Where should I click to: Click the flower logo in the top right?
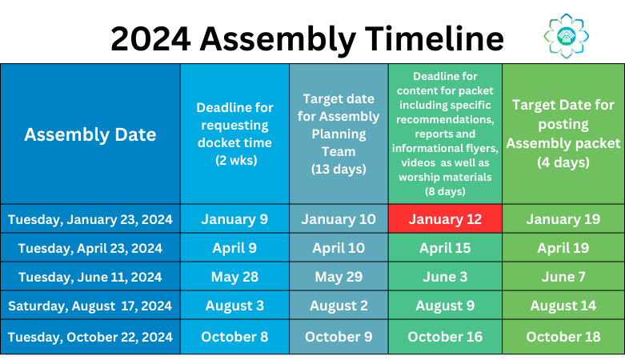(x=567, y=34)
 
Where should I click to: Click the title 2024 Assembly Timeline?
(x=307, y=38)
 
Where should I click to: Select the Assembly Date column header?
(x=90, y=134)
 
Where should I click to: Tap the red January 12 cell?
(x=445, y=219)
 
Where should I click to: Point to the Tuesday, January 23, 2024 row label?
(x=90, y=219)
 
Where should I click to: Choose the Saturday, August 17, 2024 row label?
(x=90, y=306)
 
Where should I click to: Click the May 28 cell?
(x=234, y=277)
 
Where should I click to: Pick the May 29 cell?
(x=339, y=277)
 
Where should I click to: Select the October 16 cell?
(x=445, y=337)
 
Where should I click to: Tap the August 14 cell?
(x=563, y=306)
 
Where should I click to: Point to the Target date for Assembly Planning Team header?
(x=339, y=134)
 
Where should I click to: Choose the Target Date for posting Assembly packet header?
(x=563, y=134)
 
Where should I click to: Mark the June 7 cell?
(x=563, y=277)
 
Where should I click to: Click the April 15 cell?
(x=445, y=248)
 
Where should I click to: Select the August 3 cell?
(x=234, y=306)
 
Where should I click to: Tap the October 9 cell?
(x=339, y=337)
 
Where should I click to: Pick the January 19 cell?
(x=563, y=219)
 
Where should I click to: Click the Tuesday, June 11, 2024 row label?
(x=90, y=277)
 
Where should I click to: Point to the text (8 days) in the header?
(x=445, y=192)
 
